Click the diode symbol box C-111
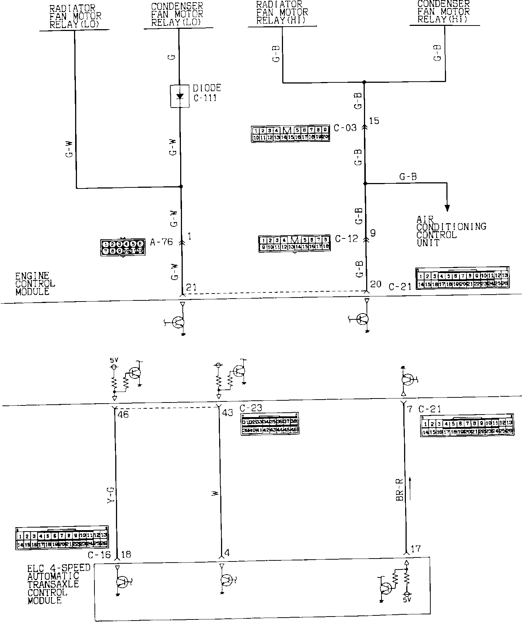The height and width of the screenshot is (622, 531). click(x=180, y=96)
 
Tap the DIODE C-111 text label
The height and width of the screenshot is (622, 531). click(x=207, y=93)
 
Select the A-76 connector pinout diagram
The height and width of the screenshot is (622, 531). click(x=123, y=247)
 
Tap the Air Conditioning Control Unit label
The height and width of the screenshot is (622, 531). click(x=451, y=231)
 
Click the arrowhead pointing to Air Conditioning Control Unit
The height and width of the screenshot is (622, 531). click(x=447, y=208)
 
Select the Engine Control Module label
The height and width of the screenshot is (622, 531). click(x=35, y=284)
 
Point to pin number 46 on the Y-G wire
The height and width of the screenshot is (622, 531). click(x=123, y=415)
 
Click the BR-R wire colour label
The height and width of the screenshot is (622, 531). click(x=399, y=489)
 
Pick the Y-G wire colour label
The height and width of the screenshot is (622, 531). click(x=111, y=496)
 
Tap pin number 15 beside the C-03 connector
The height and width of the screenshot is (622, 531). click(x=374, y=121)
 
